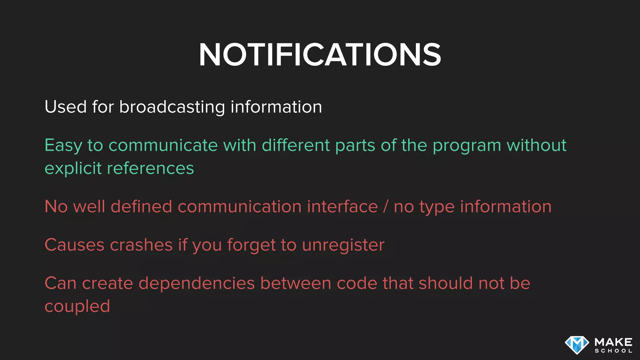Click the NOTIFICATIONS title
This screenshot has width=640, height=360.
click(x=320, y=55)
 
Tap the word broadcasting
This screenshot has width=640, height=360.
click(x=172, y=107)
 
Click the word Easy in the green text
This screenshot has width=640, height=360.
click(x=63, y=146)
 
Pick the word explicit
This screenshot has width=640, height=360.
click(x=73, y=169)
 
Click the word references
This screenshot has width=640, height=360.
click(x=150, y=169)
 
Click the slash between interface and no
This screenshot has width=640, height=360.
click(x=386, y=207)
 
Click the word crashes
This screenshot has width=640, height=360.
click(x=141, y=245)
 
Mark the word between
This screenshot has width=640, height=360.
click(x=296, y=283)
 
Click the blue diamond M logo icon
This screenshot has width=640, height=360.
click(x=577, y=345)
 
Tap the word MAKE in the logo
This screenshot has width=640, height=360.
click(x=613, y=342)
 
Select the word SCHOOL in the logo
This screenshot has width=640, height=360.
click(x=613, y=351)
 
